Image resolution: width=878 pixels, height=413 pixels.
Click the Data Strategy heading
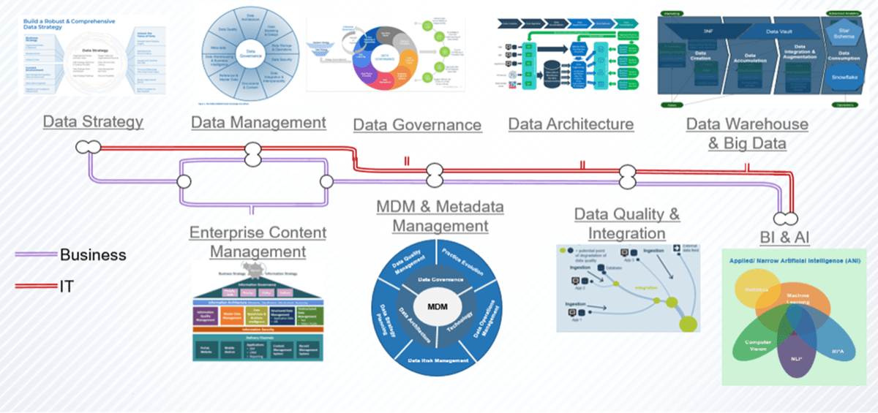tap(93, 121)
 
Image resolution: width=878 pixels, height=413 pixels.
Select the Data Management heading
tap(258, 121)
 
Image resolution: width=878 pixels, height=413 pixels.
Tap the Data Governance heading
tap(417, 125)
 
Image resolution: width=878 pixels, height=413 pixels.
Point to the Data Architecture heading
tap(571, 124)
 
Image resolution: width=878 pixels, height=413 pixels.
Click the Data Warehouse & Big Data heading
tap(747, 133)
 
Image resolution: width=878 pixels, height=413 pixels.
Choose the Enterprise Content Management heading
tap(258, 242)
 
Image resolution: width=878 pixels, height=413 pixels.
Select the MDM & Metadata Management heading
tap(440, 216)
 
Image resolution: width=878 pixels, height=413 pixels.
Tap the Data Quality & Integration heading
tap(626, 224)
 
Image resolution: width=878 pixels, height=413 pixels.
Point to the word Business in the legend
tap(93, 255)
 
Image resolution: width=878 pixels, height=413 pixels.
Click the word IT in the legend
tap(67, 287)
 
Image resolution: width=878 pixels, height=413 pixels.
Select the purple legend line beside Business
tap(36, 255)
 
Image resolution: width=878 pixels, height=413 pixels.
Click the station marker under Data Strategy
tap(87, 148)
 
